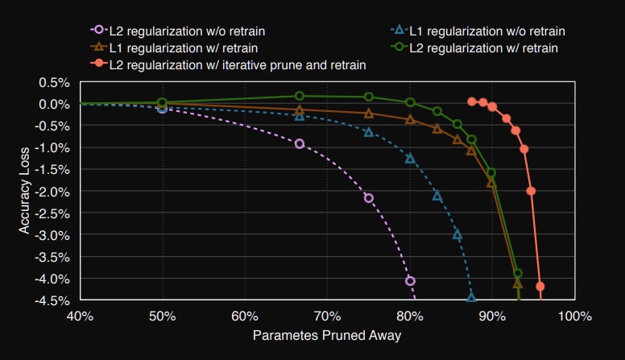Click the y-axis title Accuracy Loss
[x=25, y=191]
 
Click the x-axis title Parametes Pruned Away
[x=327, y=333]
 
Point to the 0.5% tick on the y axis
[x=59, y=82]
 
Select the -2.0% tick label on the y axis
[x=56, y=191]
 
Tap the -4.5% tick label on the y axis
[x=56, y=300]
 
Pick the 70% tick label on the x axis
[x=326, y=315]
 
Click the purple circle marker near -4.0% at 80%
[x=410, y=281]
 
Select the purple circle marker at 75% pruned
[x=369, y=198]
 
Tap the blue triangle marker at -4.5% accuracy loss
[x=472, y=298]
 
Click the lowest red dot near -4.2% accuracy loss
[x=540, y=286]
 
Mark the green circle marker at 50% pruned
[x=162, y=103]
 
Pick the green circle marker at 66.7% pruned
[x=300, y=96]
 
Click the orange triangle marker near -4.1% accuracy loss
[x=518, y=283]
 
